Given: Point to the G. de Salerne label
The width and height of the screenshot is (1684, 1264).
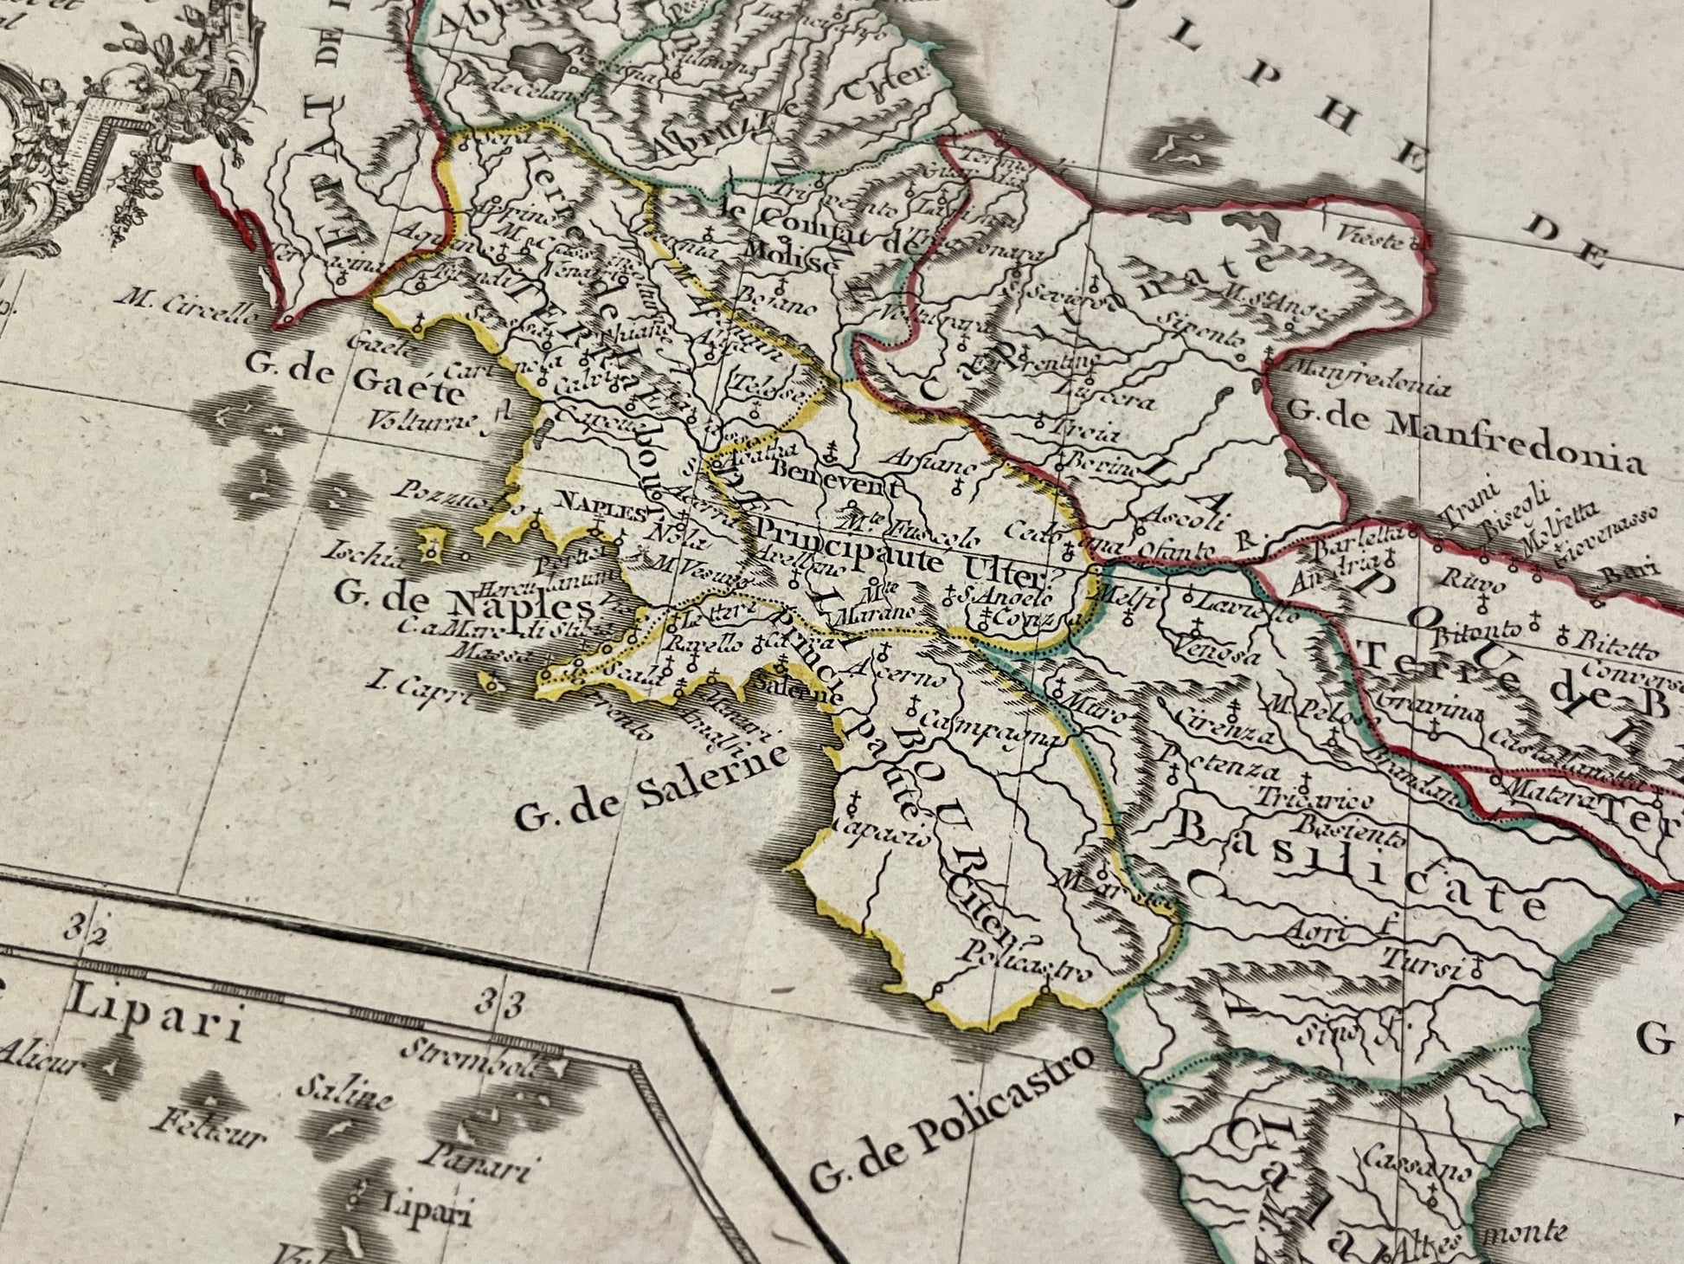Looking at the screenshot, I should pyautogui.click(x=652, y=785).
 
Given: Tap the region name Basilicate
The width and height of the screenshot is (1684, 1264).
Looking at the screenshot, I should pyautogui.click(x=1359, y=865).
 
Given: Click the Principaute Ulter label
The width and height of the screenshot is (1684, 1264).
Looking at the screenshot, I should pyautogui.click(x=909, y=554).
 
